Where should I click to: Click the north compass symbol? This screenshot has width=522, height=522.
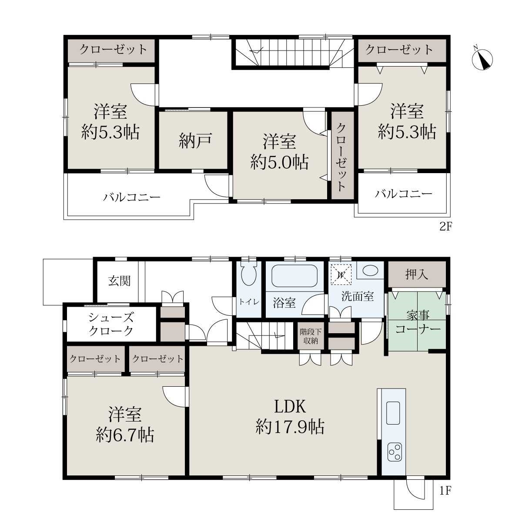click(482, 59)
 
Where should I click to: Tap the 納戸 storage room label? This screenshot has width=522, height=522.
click(195, 141)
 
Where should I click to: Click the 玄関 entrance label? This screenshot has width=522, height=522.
click(119, 281)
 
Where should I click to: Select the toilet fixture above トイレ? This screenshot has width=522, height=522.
click(248, 273)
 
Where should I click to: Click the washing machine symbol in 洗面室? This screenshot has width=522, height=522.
click(341, 274)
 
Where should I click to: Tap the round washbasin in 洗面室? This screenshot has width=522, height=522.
click(370, 270)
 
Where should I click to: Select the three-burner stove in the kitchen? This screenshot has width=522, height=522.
click(395, 451)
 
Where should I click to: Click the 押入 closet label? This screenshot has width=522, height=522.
click(417, 274)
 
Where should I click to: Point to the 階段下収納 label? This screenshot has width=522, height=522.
click(311, 336)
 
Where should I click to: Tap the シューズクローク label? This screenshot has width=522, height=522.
click(111, 324)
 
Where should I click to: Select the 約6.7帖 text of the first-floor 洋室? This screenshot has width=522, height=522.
click(125, 435)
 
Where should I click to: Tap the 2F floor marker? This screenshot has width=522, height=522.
click(446, 226)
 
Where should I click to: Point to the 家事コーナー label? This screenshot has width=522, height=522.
click(418, 322)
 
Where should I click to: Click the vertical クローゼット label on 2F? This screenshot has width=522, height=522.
click(342, 157)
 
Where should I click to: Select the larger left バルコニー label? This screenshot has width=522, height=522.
click(131, 197)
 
